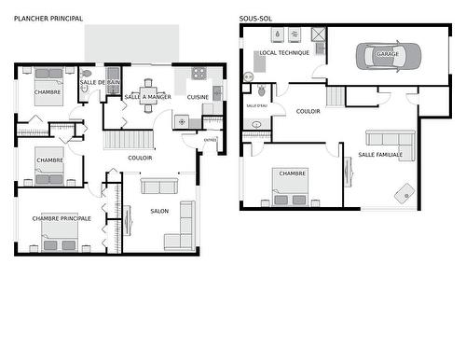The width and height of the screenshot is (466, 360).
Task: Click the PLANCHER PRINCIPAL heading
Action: click(x=48, y=19)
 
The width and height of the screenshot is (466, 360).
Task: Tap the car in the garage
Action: click(x=388, y=55)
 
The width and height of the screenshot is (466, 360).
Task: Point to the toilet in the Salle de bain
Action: click(x=88, y=72)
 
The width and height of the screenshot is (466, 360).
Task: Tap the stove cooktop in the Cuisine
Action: click(x=198, y=73)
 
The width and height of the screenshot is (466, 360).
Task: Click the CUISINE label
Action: click(x=198, y=97)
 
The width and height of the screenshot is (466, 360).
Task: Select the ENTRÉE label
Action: click(x=210, y=141)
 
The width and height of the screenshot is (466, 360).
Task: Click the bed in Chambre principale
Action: click(x=59, y=240)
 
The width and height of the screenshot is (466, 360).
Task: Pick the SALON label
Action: click(x=159, y=212)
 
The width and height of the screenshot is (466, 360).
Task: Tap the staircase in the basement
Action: click(x=336, y=96)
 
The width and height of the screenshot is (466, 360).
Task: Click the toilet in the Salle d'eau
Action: click(x=261, y=91)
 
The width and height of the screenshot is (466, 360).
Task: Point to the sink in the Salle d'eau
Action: click(x=255, y=123)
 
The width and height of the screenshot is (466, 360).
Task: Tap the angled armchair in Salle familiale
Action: click(x=405, y=194)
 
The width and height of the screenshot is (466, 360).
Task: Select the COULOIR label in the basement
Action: click(x=308, y=110)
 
